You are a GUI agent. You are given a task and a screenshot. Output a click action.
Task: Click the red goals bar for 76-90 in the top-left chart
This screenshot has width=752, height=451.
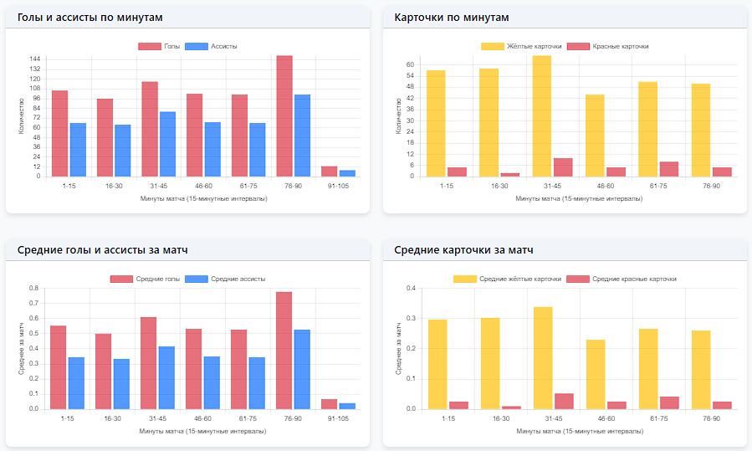284,116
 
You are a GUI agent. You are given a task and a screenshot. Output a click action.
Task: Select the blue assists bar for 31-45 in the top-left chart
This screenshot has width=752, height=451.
167,144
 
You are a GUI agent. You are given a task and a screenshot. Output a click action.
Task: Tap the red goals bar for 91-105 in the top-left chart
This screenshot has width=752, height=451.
329,172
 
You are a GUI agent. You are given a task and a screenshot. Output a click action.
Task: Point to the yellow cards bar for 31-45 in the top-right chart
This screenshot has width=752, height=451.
541,116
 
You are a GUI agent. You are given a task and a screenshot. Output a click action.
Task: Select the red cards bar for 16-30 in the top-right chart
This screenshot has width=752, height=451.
510,174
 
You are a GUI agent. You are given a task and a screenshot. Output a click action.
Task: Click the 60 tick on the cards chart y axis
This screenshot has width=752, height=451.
411,64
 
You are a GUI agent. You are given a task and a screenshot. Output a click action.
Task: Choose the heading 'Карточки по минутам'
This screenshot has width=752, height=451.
452,18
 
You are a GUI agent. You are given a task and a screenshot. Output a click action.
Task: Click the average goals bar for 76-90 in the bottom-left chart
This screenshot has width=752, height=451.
284,351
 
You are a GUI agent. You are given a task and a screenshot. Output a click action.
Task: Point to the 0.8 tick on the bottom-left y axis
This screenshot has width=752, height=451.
34,288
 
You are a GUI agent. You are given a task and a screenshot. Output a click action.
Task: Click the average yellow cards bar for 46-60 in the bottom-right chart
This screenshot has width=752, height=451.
595,374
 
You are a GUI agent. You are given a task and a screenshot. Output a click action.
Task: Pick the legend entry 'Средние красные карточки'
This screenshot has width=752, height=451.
634,279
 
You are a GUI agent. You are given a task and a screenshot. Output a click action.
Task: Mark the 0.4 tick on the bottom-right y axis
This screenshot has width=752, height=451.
411,288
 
